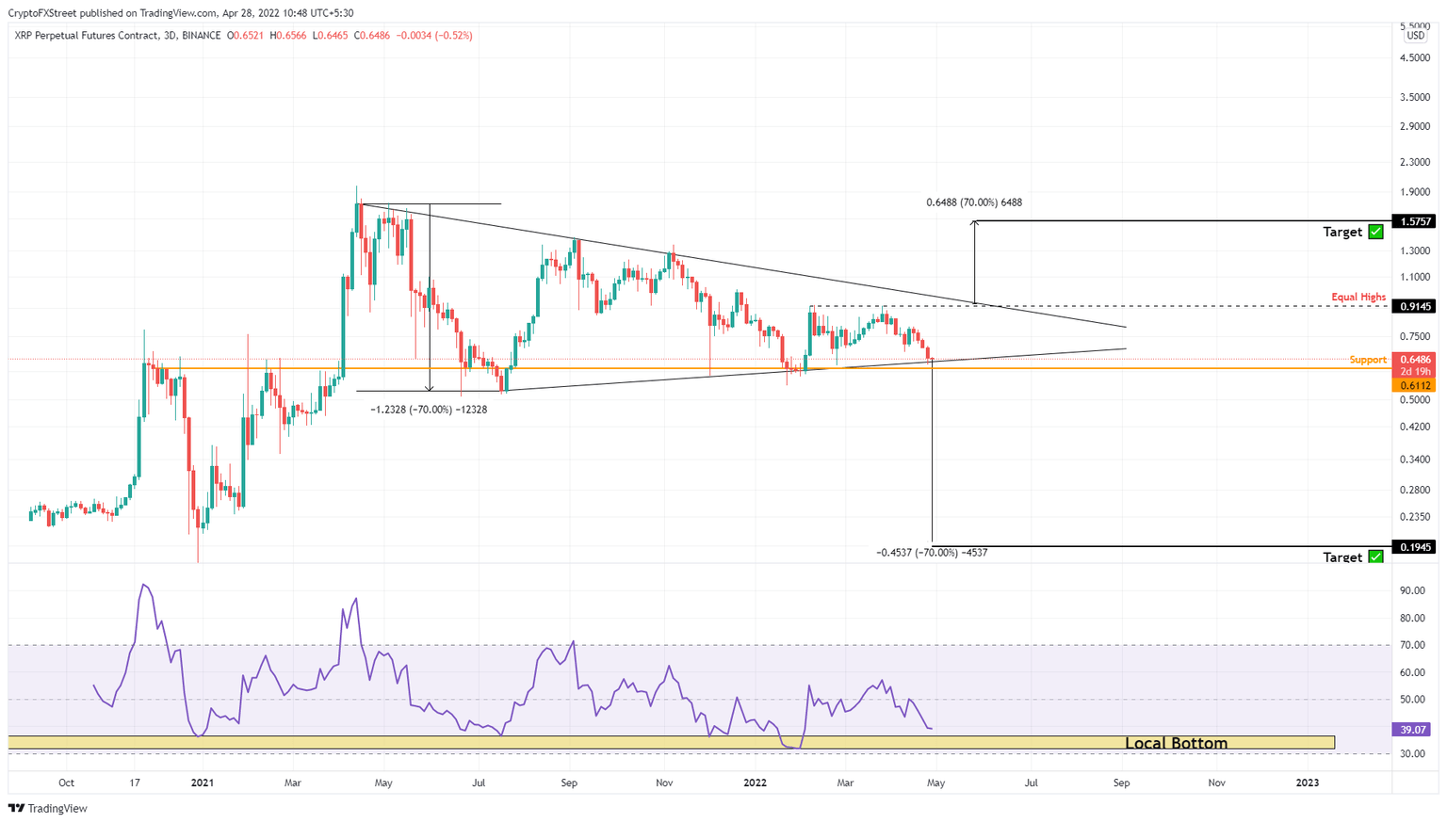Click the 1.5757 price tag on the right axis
click(x=1416, y=221)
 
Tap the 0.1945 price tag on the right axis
click(x=1416, y=547)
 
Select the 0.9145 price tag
click(x=1416, y=306)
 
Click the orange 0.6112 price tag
click(x=1416, y=385)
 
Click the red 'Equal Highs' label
click(x=1358, y=297)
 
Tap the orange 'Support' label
click(x=1368, y=360)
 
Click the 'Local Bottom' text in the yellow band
click(x=1176, y=743)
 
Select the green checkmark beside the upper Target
click(x=1375, y=232)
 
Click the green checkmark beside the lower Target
click(x=1375, y=557)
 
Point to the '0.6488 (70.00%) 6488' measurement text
click(x=973, y=202)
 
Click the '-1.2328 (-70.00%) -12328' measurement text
click(x=429, y=410)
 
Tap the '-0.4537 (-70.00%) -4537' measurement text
click(x=932, y=553)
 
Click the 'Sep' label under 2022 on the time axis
click(x=1121, y=783)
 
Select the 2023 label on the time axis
click(x=1307, y=783)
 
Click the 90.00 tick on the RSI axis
click(x=1412, y=590)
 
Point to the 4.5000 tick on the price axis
click(x=1415, y=57)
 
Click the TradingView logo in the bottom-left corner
click(x=49, y=808)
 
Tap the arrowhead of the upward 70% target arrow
click(x=975, y=223)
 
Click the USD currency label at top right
click(x=1415, y=36)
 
